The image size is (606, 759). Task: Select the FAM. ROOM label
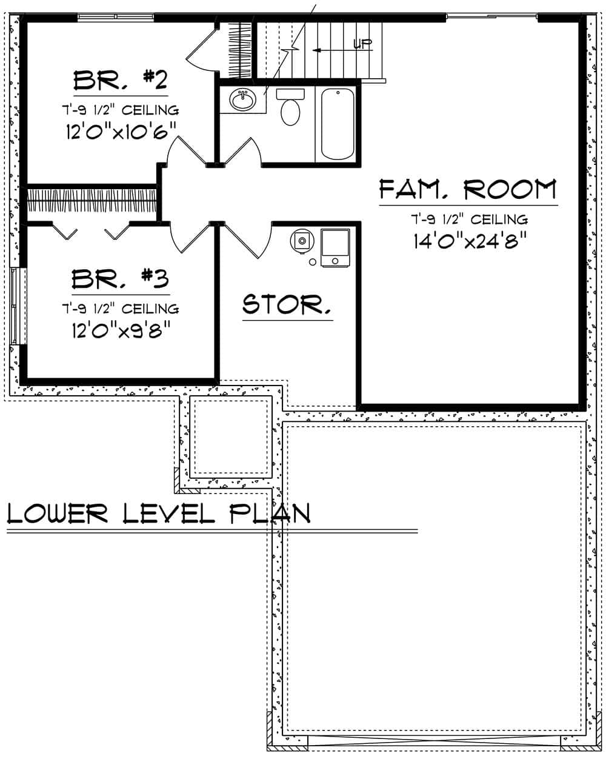coord(468,190)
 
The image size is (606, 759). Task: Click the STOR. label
coord(287,304)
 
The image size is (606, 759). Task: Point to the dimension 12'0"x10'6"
coord(121,132)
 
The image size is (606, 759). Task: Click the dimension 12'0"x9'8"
coord(119,330)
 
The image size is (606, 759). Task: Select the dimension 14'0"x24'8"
coord(468,241)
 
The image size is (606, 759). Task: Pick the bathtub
coord(338,124)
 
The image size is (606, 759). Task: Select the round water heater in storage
coord(302,241)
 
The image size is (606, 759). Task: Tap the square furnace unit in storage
coord(335,247)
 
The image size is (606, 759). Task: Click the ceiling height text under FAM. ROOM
coord(468,219)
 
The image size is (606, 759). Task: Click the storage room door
coord(247,239)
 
